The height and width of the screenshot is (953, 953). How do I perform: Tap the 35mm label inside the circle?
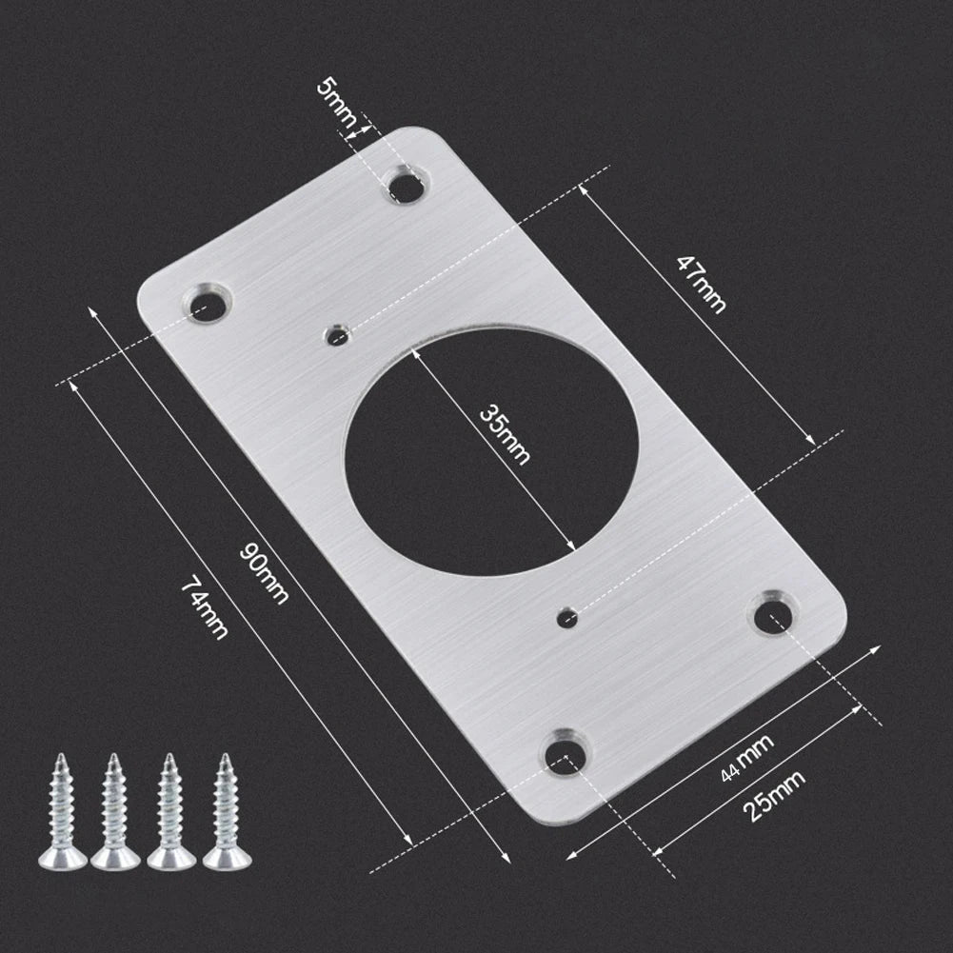pyautogui.click(x=504, y=434)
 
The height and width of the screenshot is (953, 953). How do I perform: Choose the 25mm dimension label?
pyautogui.click(x=772, y=796)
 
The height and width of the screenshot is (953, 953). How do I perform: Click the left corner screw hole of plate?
pyautogui.click(x=206, y=304)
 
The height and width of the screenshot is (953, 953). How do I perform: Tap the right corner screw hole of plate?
pyautogui.click(x=775, y=614)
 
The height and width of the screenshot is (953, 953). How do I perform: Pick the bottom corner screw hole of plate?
pyautogui.click(x=567, y=753)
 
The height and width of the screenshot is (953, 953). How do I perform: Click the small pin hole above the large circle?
pyautogui.click(x=336, y=335)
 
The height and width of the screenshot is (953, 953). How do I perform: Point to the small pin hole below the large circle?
pyautogui.click(x=567, y=617)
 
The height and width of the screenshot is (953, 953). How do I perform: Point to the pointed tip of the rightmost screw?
pyautogui.click(x=226, y=758)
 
